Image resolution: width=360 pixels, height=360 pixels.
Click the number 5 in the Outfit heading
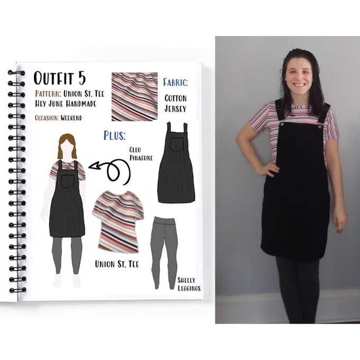click(82, 78)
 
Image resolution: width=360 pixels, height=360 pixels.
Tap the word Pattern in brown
click(48, 94)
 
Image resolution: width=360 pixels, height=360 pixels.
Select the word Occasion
click(47, 118)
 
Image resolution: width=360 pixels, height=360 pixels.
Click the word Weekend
click(71, 118)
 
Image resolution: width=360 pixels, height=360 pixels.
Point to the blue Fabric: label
click(175, 83)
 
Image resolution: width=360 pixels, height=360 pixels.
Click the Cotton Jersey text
click(176, 103)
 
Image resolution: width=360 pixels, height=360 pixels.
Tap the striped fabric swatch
click(134, 97)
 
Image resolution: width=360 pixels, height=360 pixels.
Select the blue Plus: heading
click(114, 136)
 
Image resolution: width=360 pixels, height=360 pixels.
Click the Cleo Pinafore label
click(141, 154)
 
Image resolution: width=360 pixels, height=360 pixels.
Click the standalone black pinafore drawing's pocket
click(176, 145)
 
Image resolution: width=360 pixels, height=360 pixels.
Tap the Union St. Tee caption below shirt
click(117, 264)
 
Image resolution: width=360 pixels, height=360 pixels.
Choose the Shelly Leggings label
click(189, 284)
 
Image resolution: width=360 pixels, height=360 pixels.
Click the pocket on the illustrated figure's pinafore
click(68, 181)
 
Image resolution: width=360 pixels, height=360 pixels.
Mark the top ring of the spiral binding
click(16, 73)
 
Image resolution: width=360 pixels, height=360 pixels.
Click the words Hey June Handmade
click(66, 104)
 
